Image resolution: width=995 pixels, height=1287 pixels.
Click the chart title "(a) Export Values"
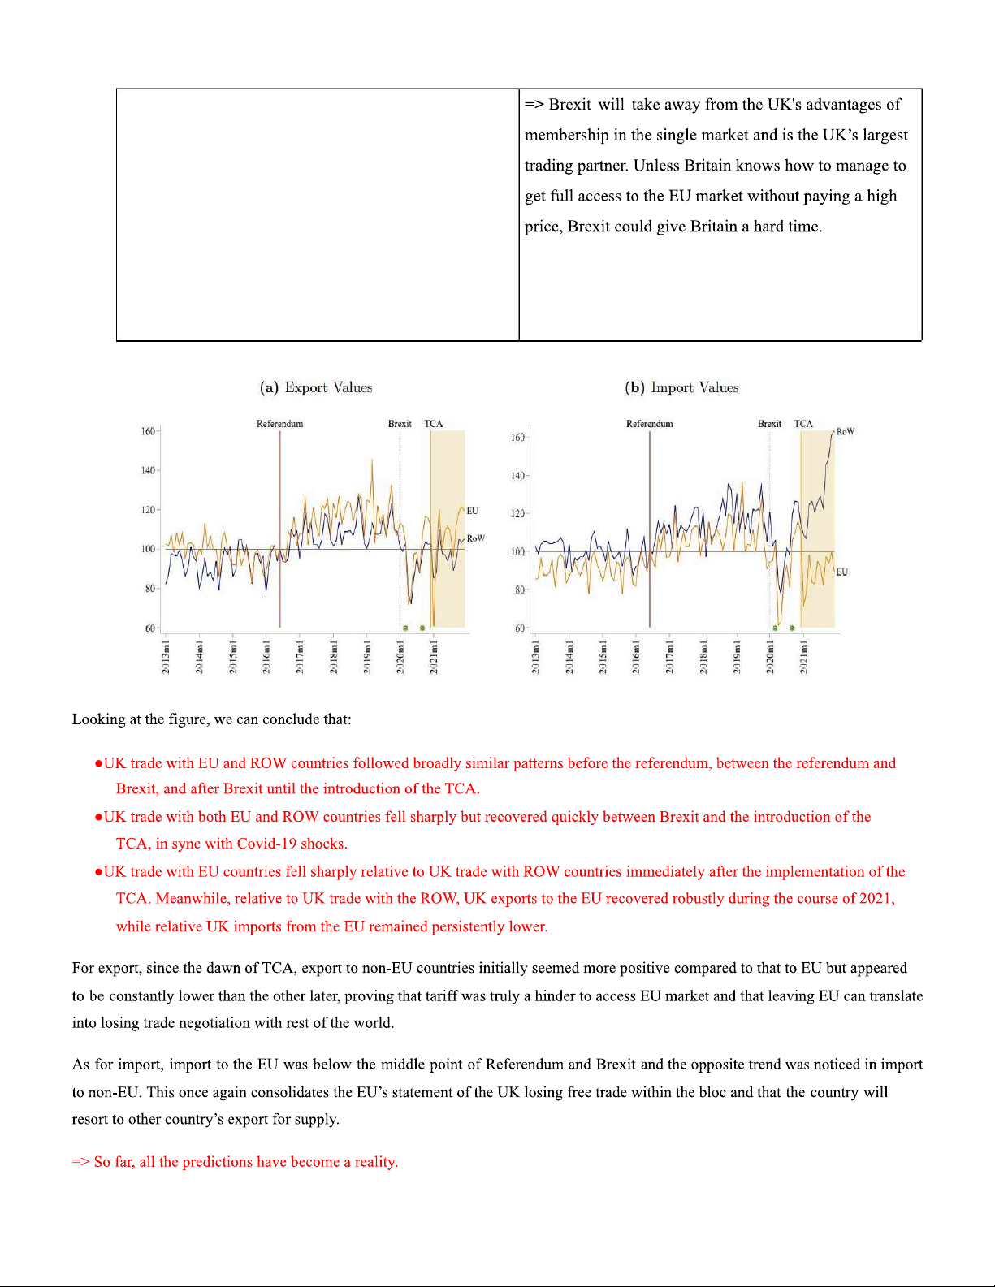coord(316,387)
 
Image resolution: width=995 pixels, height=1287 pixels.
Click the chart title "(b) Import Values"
coord(681,387)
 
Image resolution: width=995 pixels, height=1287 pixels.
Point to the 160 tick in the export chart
coord(148,431)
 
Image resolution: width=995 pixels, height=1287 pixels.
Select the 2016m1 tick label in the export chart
coord(266,657)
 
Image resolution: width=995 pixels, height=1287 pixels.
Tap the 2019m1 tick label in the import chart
coord(737,657)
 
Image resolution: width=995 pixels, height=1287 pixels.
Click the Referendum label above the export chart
coord(279,424)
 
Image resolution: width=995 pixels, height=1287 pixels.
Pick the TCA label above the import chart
coord(802,424)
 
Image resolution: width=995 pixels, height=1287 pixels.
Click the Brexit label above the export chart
coord(400,424)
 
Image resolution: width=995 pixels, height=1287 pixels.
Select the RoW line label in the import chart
coord(846,432)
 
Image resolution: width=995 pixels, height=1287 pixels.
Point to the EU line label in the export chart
coord(472,511)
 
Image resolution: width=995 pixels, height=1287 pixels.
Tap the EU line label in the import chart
coord(842,572)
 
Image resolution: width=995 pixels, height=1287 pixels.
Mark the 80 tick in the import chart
coord(519,590)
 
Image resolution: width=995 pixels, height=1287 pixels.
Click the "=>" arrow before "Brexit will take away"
coord(534,105)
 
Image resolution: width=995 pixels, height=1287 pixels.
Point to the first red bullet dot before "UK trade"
coord(98,764)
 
